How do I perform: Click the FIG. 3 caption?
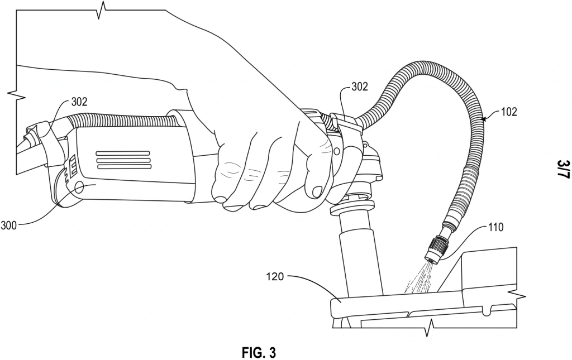point(259,352)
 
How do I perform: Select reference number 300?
point(8,225)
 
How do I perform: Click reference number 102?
point(509,112)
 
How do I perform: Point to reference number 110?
point(496,227)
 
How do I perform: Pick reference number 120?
point(275,277)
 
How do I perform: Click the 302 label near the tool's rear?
point(79,102)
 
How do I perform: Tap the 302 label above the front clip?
point(360,87)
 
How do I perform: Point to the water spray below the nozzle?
point(419,279)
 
